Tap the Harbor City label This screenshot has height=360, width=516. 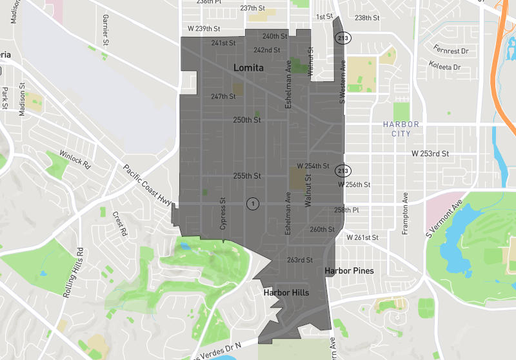401,129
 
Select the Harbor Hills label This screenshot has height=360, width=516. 286,293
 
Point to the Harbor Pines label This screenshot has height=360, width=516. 349,271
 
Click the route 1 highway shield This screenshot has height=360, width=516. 253,204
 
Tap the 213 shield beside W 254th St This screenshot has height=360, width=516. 342,171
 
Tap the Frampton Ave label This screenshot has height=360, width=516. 406,214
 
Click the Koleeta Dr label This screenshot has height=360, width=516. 445,66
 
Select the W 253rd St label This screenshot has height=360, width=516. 430,154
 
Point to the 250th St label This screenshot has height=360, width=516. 246,120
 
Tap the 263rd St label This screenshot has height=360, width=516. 299,261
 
